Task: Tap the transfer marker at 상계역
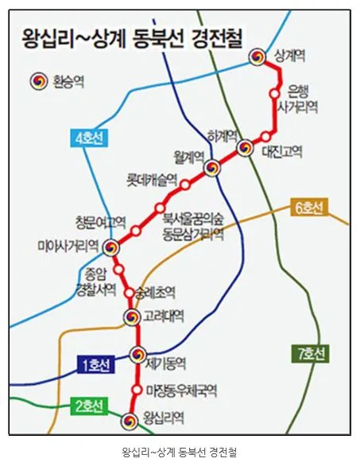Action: coord(257,56)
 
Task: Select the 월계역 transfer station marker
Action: coord(211,168)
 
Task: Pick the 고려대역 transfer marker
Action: coord(132,317)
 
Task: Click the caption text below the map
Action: coord(179,453)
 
